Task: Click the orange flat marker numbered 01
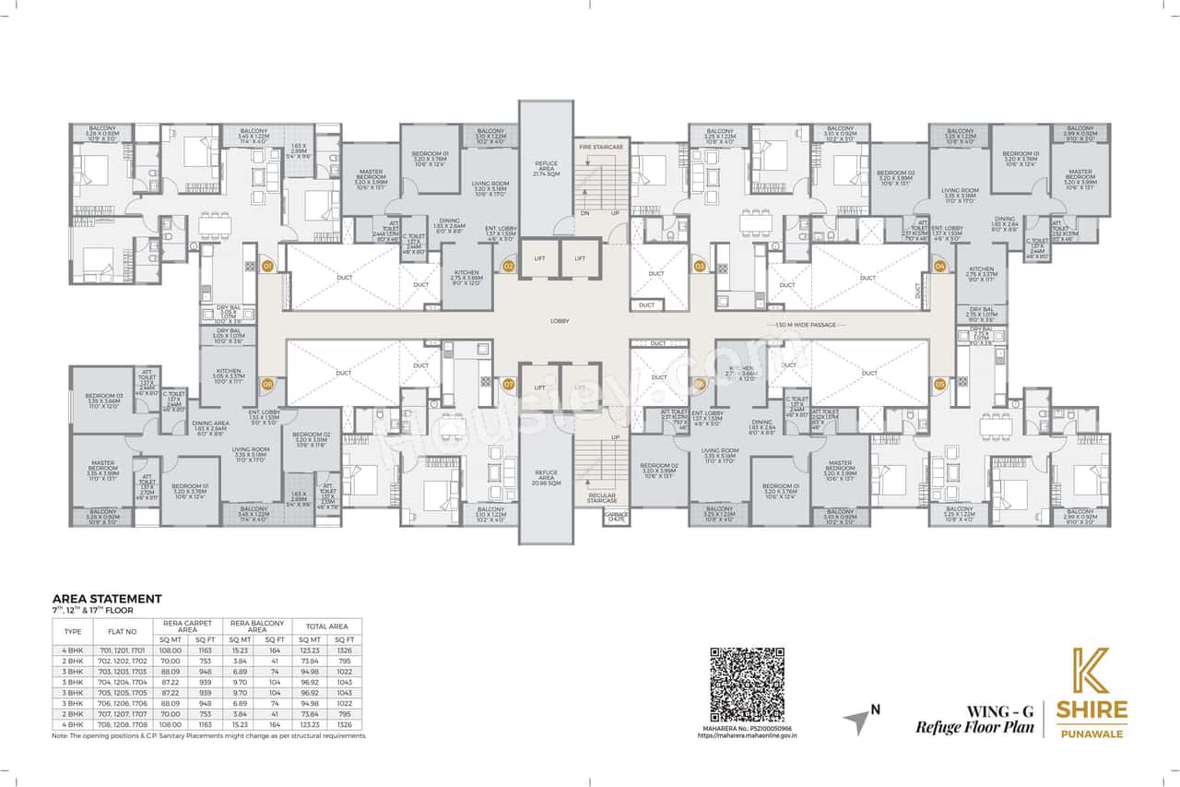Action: [x=267, y=266]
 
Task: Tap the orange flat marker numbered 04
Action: [x=939, y=266]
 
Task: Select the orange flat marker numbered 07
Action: [x=508, y=383]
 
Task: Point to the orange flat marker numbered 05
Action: [x=939, y=383]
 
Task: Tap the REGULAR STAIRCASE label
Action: [x=601, y=499]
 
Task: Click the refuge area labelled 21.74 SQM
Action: [x=547, y=171]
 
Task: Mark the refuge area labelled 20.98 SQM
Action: [x=546, y=477]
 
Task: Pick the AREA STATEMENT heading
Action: [x=107, y=599]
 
